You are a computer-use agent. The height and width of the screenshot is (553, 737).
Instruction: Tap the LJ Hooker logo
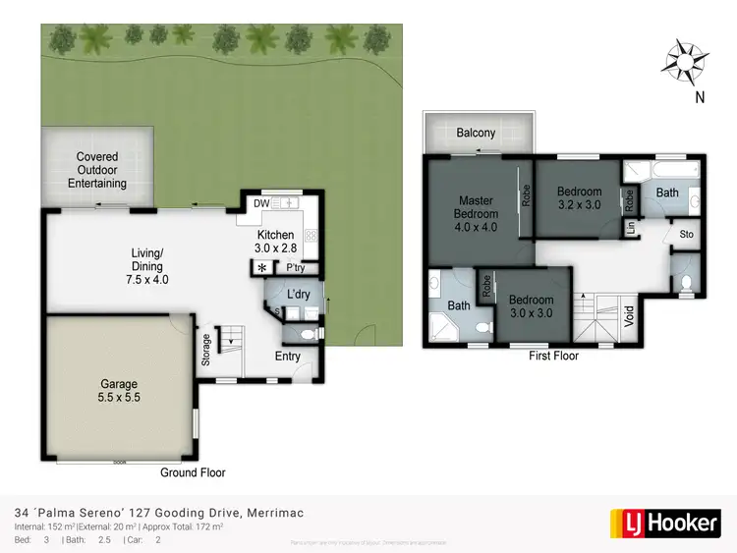(x=664, y=522)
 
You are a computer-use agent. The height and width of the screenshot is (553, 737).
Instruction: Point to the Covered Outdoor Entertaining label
(x=97, y=170)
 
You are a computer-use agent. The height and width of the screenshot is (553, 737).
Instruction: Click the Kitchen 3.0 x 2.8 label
(x=275, y=243)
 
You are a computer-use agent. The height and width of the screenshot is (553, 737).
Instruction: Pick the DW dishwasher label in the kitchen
(x=261, y=203)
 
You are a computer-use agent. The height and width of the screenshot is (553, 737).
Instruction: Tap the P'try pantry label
(x=295, y=267)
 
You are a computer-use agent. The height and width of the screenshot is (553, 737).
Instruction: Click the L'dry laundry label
(x=299, y=295)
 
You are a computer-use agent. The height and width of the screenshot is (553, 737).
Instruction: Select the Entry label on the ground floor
(x=288, y=356)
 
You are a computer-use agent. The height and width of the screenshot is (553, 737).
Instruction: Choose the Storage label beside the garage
(x=205, y=351)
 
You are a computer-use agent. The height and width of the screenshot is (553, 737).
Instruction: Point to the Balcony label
(x=476, y=133)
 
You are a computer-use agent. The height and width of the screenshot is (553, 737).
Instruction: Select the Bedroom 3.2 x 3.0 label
(x=578, y=198)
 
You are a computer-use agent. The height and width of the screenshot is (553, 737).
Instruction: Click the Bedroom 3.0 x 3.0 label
(x=531, y=306)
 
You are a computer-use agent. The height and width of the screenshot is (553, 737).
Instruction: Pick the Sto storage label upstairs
(x=686, y=235)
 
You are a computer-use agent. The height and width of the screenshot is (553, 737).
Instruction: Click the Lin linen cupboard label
(x=629, y=229)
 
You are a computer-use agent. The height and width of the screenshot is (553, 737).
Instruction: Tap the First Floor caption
(x=553, y=356)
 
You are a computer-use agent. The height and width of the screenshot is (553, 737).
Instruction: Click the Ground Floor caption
(x=193, y=472)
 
